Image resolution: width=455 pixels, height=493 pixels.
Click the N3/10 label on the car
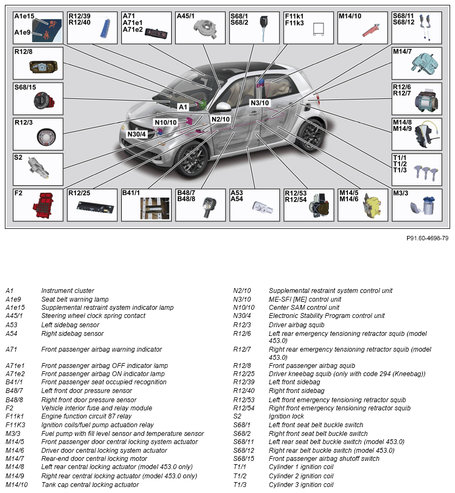260,103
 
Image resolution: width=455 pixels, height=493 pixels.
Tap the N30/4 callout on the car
136,134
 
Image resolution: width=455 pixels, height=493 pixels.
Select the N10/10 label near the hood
165,122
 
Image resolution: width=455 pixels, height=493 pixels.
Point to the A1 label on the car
183,107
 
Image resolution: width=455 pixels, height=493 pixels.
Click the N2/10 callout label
221,119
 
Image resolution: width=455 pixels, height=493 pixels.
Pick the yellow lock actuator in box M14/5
372,207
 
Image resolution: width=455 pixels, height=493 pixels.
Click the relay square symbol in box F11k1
318,31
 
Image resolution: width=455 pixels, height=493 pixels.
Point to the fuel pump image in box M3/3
420,209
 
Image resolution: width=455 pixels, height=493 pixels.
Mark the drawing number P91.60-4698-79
427,238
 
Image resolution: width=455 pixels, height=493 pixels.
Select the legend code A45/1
15,316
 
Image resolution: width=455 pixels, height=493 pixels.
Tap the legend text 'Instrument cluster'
67,291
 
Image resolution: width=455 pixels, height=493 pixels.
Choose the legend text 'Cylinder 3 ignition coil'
301,484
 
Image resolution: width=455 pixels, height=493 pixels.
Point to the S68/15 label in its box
25,87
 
